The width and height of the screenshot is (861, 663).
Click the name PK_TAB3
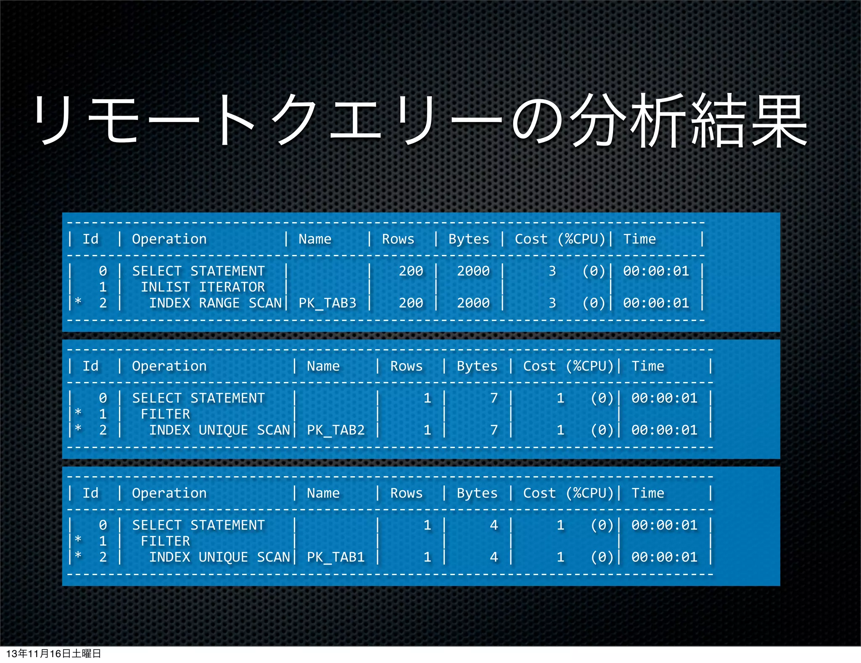pyautogui.click(x=327, y=303)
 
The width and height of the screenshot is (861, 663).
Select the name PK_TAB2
pyautogui.click(x=335, y=430)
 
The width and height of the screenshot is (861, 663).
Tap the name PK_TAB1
pyautogui.click(x=335, y=557)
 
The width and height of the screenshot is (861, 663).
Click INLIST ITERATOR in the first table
pyautogui.click(x=203, y=287)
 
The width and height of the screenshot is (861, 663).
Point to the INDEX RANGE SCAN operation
pyautogui.click(x=215, y=303)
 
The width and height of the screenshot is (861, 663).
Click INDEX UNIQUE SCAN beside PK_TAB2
pyautogui.click(x=219, y=430)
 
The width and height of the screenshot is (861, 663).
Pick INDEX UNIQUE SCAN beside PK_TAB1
pyautogui.click(x=219, y=557)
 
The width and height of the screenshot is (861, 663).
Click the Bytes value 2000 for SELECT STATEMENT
pyautogui.click(x=473, y=271)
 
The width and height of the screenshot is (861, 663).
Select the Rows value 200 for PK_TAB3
pyautogui.click(x=411, y=303)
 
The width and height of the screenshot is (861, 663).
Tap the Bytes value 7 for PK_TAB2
pyautogui.click(x=494, y=430)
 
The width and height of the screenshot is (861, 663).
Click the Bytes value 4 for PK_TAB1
pyautogui.click(x=494, y=557)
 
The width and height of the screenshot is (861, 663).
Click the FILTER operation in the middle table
pyautogui.click(x=165, y=414)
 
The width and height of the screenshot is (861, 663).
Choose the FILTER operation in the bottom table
pyautogui.click(x=165, y=541)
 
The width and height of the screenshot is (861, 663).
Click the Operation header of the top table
pyautogui.click(x=169, y=239)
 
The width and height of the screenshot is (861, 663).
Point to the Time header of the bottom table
pyautogui.click(x=648, y=493)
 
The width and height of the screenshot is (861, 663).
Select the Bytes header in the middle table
pyautogui.click(x=477, y=366)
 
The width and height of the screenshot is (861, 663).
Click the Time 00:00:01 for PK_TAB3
pyautogui.click(x=656, y=303)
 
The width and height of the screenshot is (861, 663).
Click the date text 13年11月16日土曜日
pyautogui.click(x=54, y=653)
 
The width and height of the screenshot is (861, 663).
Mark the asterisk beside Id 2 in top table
pyautogui.click(x=78, y=301)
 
